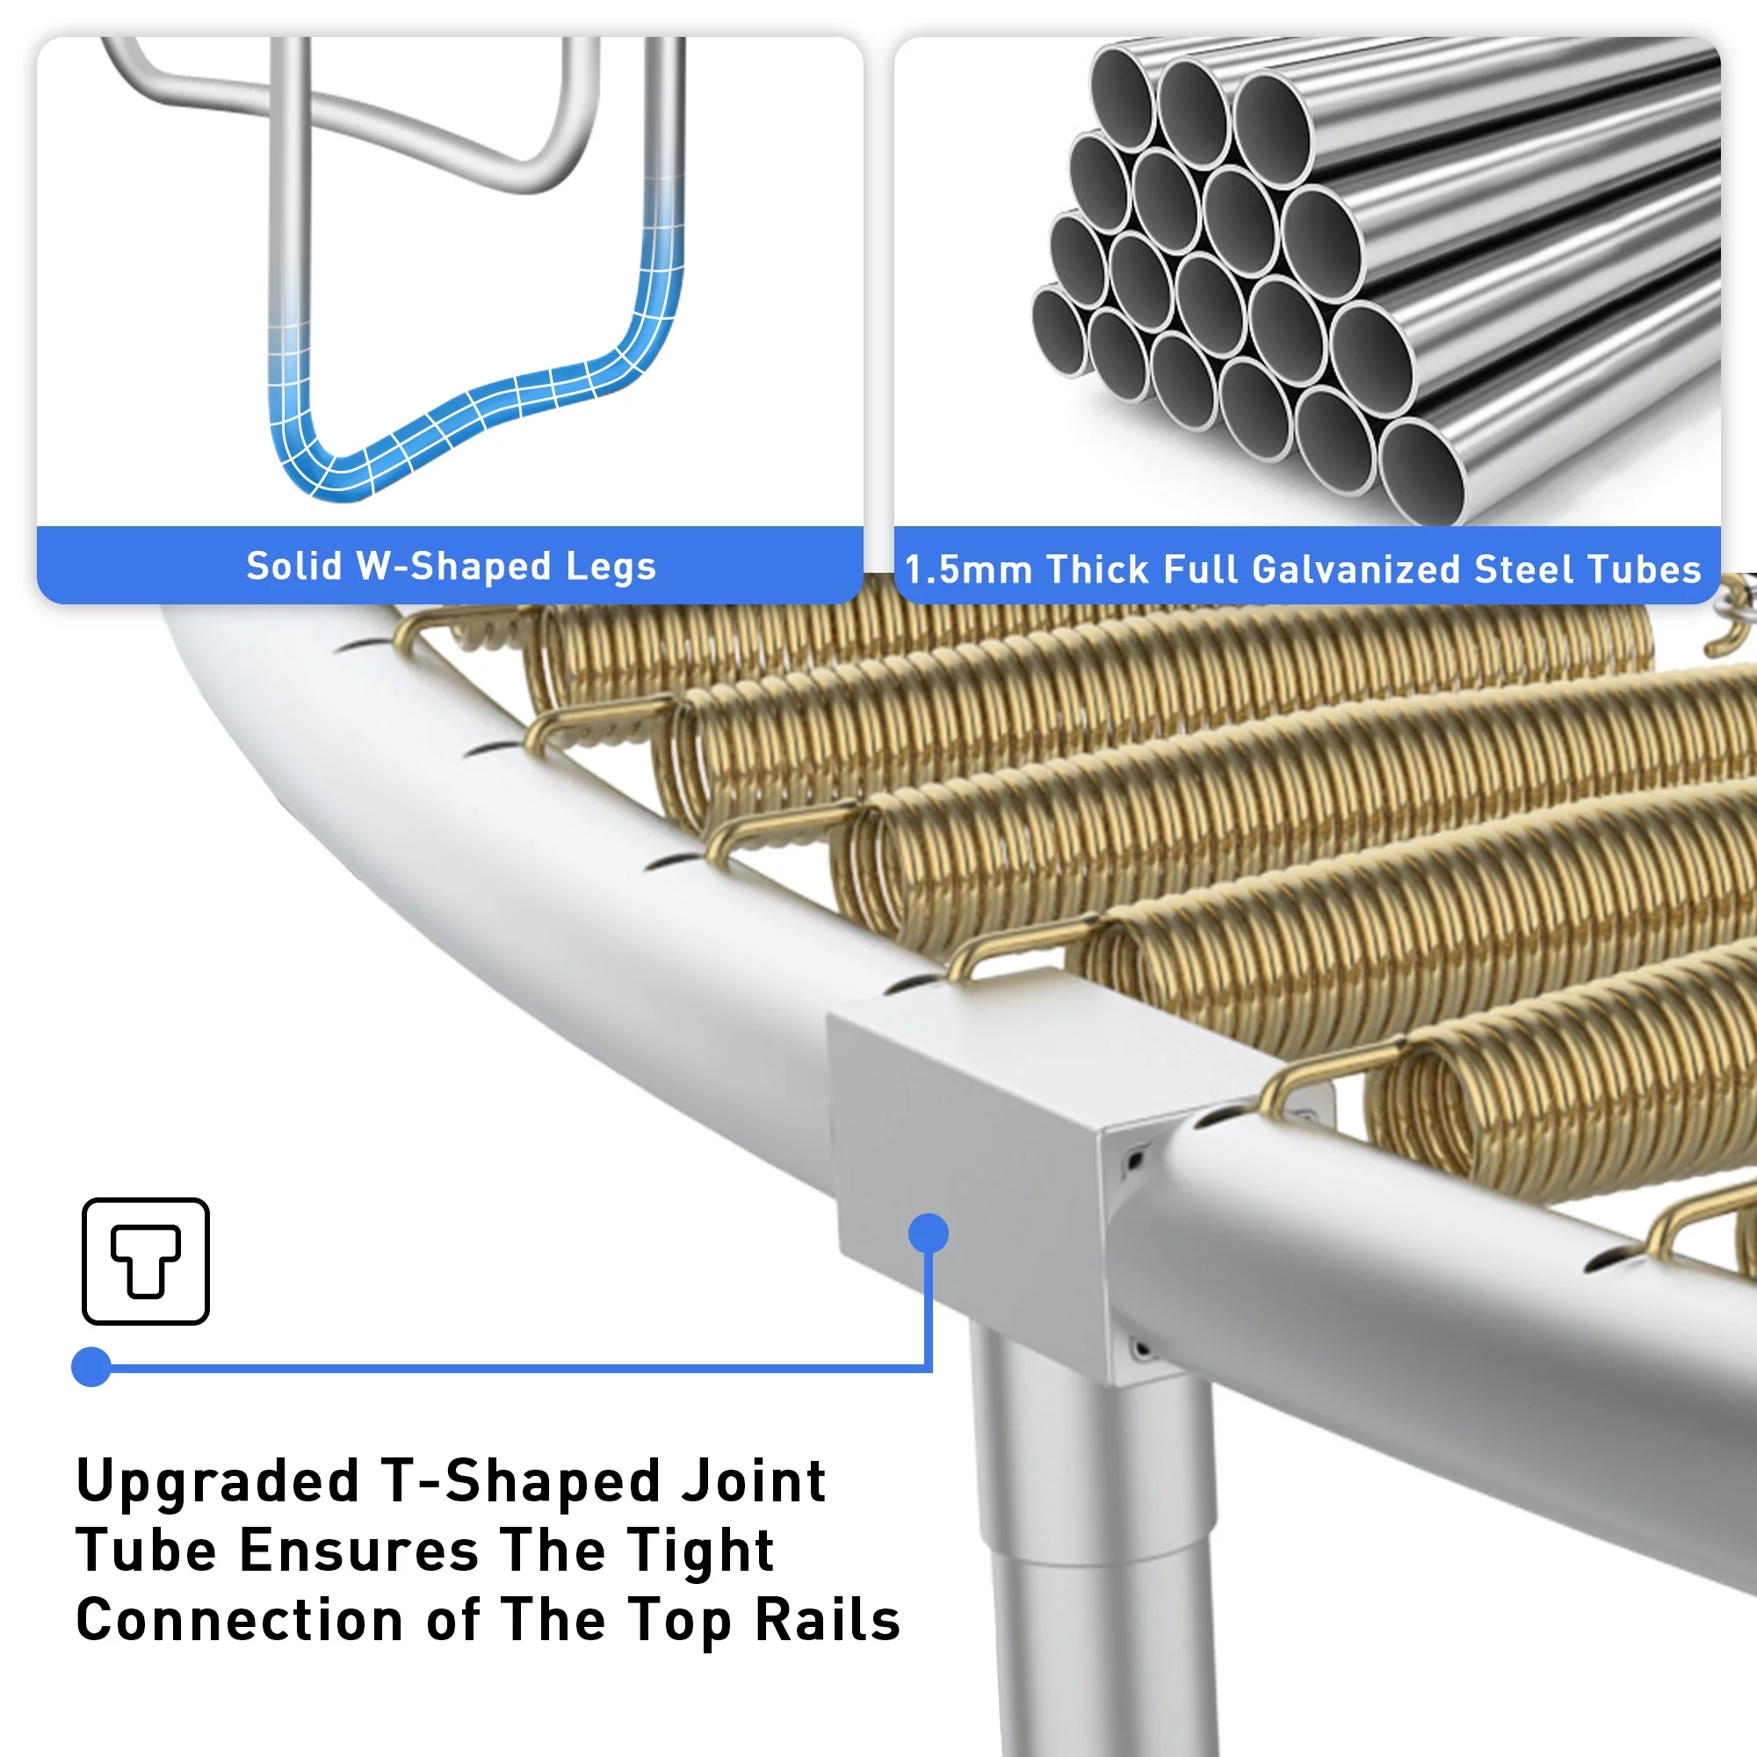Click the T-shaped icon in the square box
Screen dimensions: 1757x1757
(x=146, y=1260)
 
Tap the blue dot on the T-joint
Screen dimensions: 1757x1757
(x=929, y=1233)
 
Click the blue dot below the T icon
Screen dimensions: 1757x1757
(x=91, y=1367)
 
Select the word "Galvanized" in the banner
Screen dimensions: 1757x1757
(x=1357, y=570)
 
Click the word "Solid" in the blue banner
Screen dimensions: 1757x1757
(x=293, y=566)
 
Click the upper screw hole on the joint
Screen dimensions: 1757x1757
(x=1136, y=1160)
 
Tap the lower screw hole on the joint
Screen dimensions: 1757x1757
(x=1141, y=1348)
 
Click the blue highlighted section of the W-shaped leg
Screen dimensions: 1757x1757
(x=473, y=400)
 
